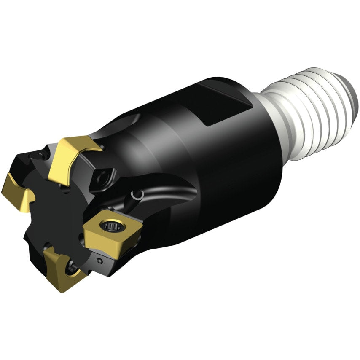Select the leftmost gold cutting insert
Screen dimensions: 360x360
[17, 192]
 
